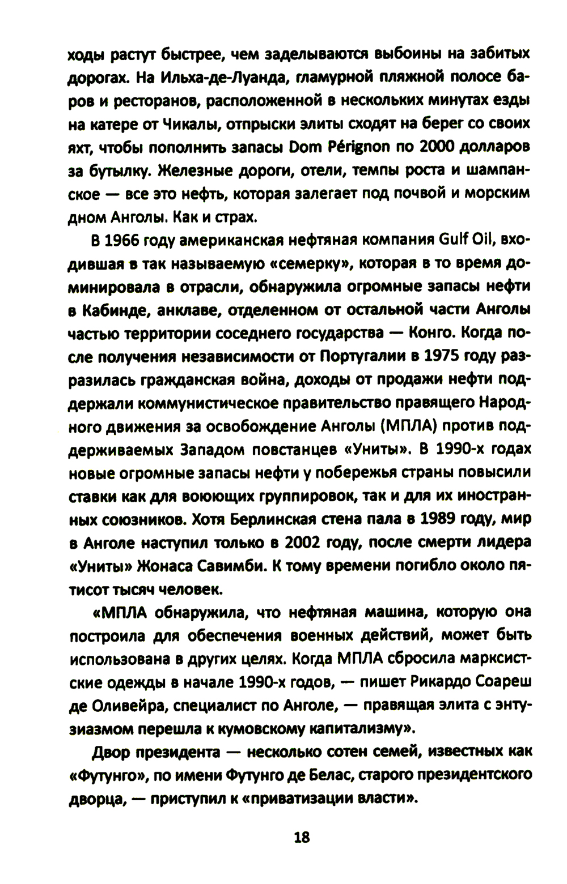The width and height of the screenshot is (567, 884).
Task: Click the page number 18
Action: [x=302, y=837]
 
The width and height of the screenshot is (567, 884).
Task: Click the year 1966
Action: [x=122, y=241]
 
